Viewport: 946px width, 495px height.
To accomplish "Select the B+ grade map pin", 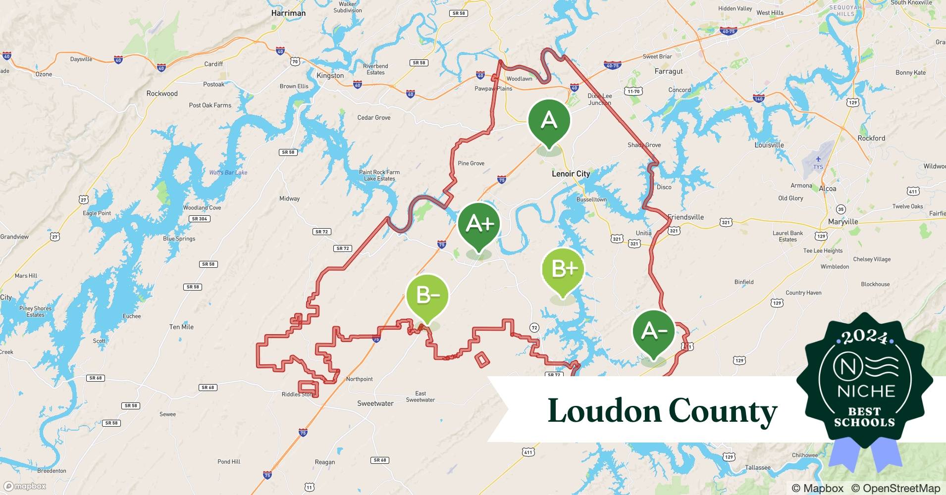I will click(x=563, y=270).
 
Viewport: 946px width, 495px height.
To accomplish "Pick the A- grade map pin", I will click(x=654, y=331).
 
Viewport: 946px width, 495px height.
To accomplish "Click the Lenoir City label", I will click(x=571, y=174).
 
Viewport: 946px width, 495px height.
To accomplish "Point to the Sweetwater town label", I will click(x=375, y=403).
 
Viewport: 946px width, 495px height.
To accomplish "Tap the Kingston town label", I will click(x=330, y=76).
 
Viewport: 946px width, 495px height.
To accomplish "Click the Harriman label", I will click(x=288, y=13).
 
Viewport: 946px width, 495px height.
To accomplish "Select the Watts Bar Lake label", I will click(x=228, y=173).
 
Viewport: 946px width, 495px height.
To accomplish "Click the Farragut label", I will click(x=668, y=71).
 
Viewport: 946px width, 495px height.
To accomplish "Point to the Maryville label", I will click(x=842, y=222).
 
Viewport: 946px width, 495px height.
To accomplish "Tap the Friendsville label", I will click(x=685, y=217).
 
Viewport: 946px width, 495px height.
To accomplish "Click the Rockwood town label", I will click(x=162, y=94).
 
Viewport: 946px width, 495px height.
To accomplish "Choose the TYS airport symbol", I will click(x=818, y=159).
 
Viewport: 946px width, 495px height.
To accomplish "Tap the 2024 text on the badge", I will click(x=865, y=338).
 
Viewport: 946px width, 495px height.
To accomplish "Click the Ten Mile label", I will click(x=181, y=327).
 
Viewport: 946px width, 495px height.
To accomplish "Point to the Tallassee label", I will click(x=757, y=468).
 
